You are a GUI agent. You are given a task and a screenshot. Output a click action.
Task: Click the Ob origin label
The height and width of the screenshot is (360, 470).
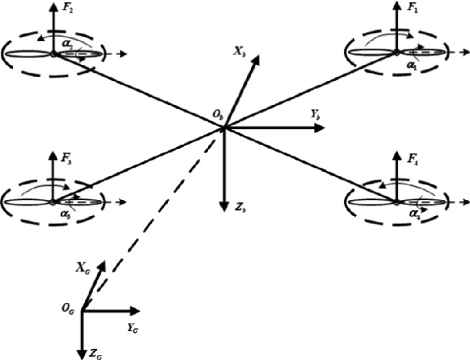(x=218, y=119)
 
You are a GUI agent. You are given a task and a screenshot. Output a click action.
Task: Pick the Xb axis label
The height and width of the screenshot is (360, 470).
(x=238, y=51)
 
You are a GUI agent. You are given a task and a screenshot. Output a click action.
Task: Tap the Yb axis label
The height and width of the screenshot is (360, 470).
(x=316, y=116)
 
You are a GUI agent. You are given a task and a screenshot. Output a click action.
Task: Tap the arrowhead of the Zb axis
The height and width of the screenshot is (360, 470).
(x=224, y=205)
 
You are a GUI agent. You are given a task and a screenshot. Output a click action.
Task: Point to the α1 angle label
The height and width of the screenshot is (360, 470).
(x=410, y=63)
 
